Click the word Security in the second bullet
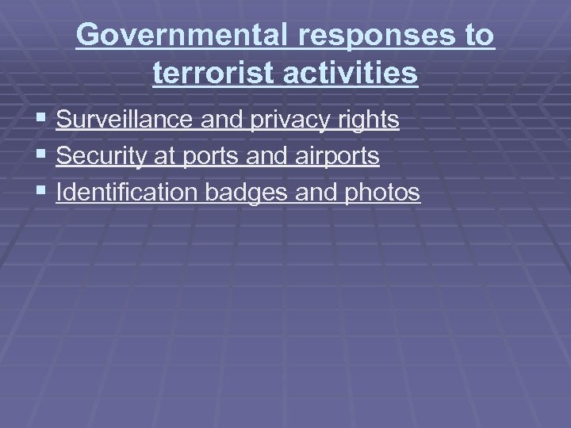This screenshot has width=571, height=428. coord(102,156)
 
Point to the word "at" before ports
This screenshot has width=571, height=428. coord(164,156)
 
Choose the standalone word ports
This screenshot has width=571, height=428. coord(212,156)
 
